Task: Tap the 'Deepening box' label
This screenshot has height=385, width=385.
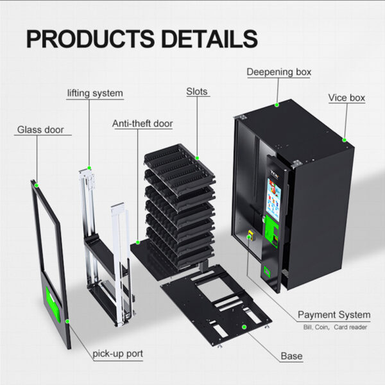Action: [279, 72]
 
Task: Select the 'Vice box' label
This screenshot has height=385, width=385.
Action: [346, 98]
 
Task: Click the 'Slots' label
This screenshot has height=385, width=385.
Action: [197, 92]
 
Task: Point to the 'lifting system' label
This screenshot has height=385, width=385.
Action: [95, 93]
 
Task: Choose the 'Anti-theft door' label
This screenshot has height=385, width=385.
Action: [142, 123]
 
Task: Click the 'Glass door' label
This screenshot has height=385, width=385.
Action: [40, 130]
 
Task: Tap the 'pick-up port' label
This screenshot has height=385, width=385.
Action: [117, 353]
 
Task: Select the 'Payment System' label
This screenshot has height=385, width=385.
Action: [334, 314]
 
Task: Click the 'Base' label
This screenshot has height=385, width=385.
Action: [291, 355]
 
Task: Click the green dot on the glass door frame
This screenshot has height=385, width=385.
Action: [37, 185]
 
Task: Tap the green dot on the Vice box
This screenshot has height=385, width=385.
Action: [344, 139]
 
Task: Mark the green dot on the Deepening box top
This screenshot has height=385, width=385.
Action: [277, 103]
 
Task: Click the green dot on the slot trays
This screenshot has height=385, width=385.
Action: [197, 157]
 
